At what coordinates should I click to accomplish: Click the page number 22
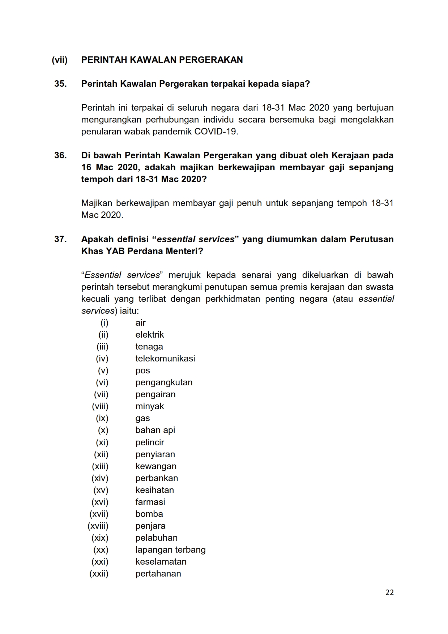[x=389, y=592]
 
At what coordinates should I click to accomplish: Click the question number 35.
[x=60, y=84]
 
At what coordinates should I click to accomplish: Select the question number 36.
[x=60, y=155]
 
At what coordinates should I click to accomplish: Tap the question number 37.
[x=60, y=239]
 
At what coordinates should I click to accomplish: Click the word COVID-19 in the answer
[x=216, y=132]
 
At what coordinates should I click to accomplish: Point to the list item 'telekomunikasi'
[x=165, y=359]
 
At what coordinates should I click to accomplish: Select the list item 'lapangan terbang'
[x=170, y=550]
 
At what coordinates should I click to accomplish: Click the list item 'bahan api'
[x=155, y=430]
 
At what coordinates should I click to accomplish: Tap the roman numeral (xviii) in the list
[x=98, y=526]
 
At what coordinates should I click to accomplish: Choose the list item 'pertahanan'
[x=158, y=574]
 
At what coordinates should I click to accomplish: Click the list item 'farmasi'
[x=150, y=502]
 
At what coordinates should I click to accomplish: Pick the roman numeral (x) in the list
[x=103, y=430]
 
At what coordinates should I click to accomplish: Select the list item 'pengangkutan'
[x=164, y=382]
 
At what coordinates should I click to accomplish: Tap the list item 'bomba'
[x=149, y=514]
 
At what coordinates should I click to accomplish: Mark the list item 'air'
[x=140, y=323]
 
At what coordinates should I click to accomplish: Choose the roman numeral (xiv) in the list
[x=100, y=478]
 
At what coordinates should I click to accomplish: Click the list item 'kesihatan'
[x=154, y=490]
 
